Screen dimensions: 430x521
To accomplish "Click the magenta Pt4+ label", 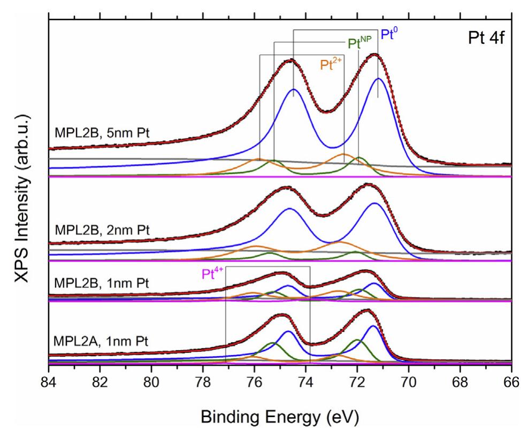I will [212, 275].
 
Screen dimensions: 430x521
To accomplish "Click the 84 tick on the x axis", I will [49, 383].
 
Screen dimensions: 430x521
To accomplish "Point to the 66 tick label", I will [511, 383].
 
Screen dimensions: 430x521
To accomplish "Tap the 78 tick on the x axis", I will [203, 383].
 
